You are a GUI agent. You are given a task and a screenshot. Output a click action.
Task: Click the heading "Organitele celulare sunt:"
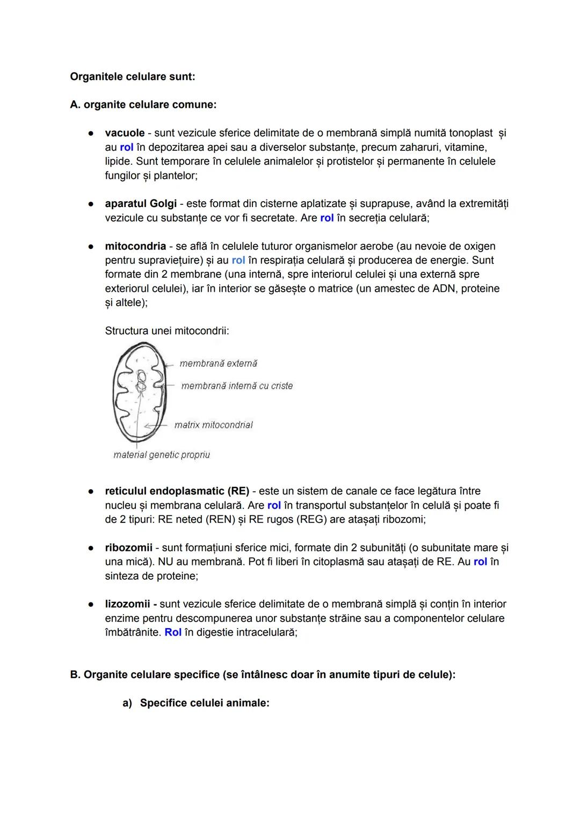(x=132, y=77)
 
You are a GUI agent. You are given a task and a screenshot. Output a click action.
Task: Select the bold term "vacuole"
(x=125, y=133)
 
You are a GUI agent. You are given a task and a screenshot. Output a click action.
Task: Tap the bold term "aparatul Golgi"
(x=141, y=204)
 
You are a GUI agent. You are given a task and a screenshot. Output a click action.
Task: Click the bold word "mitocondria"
(x=135, y=246)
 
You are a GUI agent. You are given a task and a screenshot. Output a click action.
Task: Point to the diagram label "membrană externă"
(x=218, y=364)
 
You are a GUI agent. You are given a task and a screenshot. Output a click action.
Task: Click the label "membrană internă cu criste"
(x=237, y=386)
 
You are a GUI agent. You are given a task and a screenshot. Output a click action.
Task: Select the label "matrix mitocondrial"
(x=213, y=425)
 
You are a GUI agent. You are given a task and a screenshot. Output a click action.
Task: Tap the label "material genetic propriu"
(x=161, y=455)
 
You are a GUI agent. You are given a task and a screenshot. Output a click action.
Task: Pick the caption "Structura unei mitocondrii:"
(x=167, y=331)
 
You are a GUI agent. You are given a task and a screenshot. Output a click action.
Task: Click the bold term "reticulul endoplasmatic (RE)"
(x=177, y=491)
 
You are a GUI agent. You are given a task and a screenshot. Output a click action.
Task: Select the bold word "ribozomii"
(x=128, y=548)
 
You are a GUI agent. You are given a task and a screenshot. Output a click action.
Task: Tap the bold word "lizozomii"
(x=127, y=604)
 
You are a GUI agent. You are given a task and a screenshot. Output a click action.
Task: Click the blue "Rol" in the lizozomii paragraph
(x=173, y=632)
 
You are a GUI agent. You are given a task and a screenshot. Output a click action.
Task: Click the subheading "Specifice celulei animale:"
(x=204, y=703)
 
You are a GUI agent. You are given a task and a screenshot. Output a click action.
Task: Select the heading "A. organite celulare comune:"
(x=143, y=105)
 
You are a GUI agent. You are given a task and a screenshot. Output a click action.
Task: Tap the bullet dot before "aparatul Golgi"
(x=92, y=204)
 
